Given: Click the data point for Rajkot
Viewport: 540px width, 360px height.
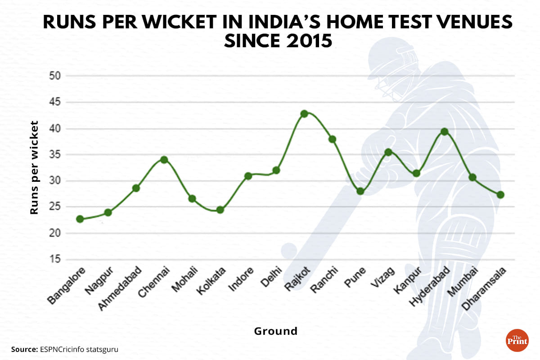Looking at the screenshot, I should tap(304, 113).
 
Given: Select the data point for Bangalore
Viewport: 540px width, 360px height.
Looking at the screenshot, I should tap(80, 219).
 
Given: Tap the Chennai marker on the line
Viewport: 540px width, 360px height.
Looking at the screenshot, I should tap(164, 160).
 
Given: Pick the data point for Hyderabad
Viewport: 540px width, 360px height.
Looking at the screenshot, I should tap(445, 132).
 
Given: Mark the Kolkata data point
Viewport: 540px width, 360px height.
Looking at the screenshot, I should tap(220, 210).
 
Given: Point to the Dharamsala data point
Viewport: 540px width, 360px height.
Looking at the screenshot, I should tap(500, 195).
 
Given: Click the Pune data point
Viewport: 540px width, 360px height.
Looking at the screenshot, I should tap(360, 191).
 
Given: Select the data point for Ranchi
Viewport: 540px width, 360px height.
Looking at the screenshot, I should tap(332, 139).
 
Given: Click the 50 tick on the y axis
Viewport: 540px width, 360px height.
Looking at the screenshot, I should tap(54, 76).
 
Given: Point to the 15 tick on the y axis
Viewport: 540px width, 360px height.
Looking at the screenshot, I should tap(54, 260).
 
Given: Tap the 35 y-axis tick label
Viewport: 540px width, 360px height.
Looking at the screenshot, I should tap(54, 155).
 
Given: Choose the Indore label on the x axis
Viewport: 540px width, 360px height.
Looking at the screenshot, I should tap(240, 280).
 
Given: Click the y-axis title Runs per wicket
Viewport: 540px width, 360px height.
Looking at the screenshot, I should tap(34, 167).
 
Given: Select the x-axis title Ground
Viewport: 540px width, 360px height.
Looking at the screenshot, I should tap(276, 332).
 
